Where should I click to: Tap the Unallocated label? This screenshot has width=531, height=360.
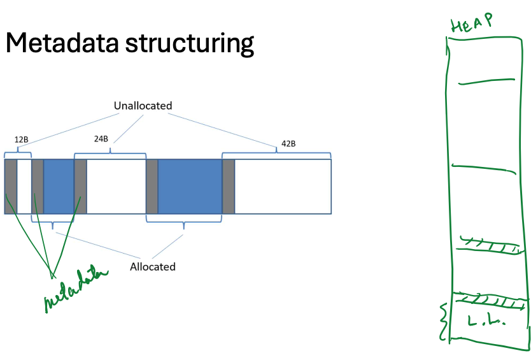point(143,106)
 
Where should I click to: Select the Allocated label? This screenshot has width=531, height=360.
point(152,266)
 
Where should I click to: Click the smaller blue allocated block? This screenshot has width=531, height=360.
point(59,186)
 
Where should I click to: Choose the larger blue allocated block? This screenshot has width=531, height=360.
point(190,186)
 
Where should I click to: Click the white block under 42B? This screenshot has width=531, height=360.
point(283,186)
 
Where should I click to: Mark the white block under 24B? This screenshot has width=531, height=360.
point(116,186)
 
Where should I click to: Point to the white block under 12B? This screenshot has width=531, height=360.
point(24,186)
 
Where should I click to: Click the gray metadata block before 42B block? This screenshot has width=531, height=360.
point(229,186)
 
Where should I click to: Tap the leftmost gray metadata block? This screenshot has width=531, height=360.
point(10,186)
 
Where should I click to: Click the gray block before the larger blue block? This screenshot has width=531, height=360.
point(152,186)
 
